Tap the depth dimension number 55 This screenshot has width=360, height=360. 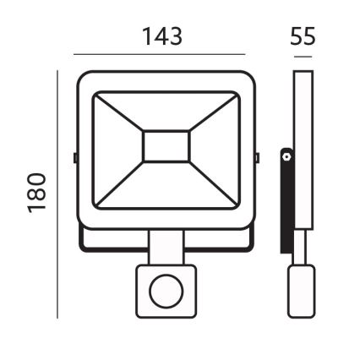pyautogui.click(x=303, y=36)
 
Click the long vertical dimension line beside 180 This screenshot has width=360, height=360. pyautogui.click(x=57, y=194)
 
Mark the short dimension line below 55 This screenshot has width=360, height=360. pyautogui.click(x=302, y=56)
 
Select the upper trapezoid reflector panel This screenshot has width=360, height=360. pyautogui.click(x=166, y=110)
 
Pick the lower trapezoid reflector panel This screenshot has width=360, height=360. pyautogui.click(x=166, y=188)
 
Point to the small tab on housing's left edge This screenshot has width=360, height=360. pyautogui.click(x=74, y=157)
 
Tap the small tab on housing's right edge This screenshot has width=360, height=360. pyautogui.click(x=258, y=157)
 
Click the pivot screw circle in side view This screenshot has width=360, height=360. pyautogui.click(x=287, y=156)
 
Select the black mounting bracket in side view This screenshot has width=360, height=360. pyautogui.click(x=286, y=203)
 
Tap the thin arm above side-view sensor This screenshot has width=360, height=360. pyautogui.click(x=301, y=249)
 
